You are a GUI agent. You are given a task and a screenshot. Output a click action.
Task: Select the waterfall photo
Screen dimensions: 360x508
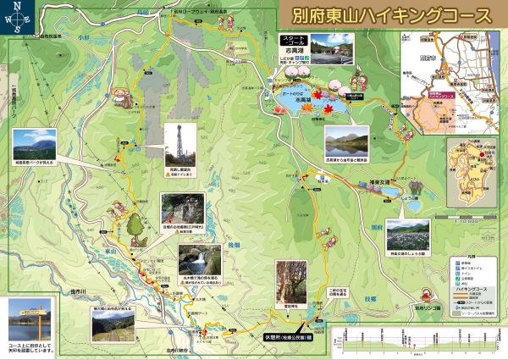[199, 258]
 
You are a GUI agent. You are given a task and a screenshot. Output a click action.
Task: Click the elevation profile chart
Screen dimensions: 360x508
[415, 341]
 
